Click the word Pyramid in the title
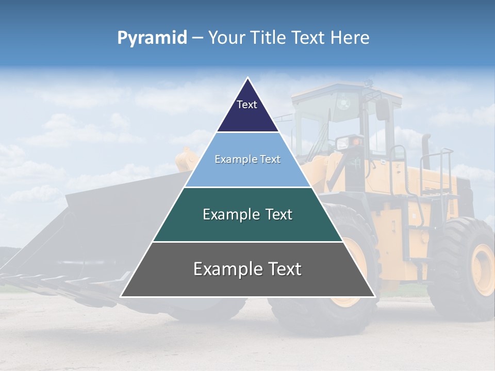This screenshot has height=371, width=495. point(152,38)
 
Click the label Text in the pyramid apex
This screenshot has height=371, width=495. point(247,105)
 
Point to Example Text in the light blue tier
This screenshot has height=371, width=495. point(247,159)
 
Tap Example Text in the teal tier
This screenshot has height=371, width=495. point(247,214)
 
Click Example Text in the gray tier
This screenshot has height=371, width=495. point(247,269)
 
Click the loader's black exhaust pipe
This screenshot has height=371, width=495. point(426,149)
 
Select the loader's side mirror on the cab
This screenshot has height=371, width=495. point(382,109)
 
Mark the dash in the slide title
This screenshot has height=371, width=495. point(197,38)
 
